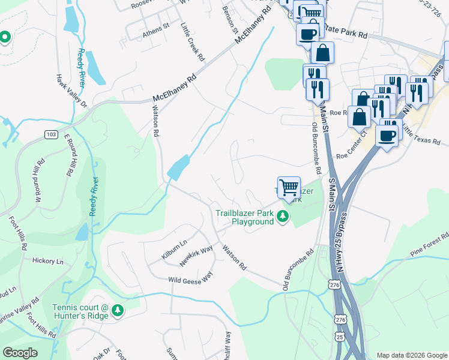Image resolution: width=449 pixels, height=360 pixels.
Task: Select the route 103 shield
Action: coord(50,134)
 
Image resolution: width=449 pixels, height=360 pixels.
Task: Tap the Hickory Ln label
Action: coord(48,262)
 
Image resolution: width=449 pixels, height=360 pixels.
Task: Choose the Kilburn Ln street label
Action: coord(174,251)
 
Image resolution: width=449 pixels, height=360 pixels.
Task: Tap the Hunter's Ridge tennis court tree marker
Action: coord(119,310)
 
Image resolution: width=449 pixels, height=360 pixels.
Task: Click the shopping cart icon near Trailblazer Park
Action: coord(289,188)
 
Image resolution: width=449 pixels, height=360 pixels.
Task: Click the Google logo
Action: coord(20,353)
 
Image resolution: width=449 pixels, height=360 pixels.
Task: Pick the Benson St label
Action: coord(231,20)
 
